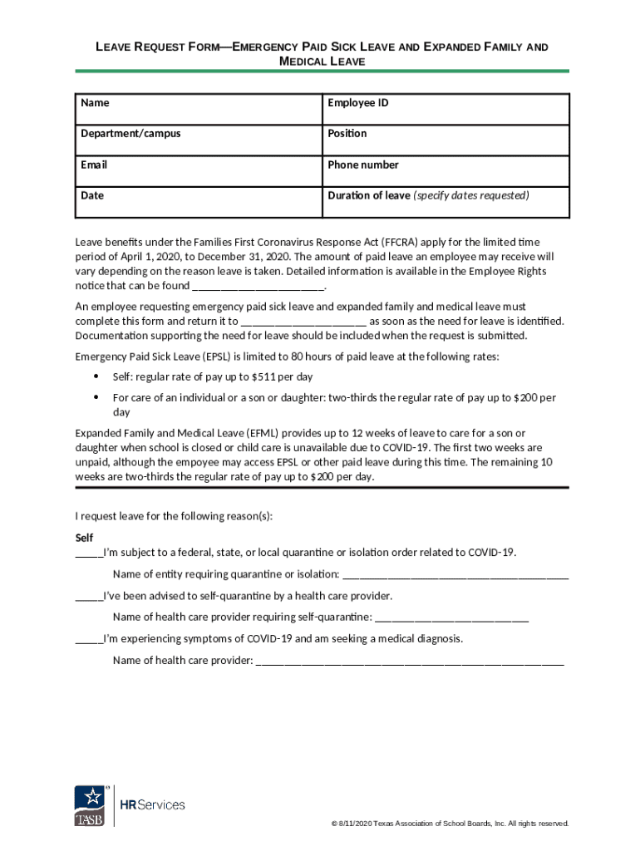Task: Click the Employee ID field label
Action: [357, 103]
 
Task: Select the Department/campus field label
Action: [130, 133]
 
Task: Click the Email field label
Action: [94, 165]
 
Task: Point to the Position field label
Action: [347, 133]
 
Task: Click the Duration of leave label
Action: [369, 195]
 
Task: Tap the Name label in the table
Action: [95, 103]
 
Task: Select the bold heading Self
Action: [84, 537]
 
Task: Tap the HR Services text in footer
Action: [153, 804]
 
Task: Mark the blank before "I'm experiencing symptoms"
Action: [89, 641]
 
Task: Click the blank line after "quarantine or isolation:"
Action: [455, 576]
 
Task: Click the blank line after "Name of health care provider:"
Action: [410, 662]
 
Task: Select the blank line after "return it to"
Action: [303, 322]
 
